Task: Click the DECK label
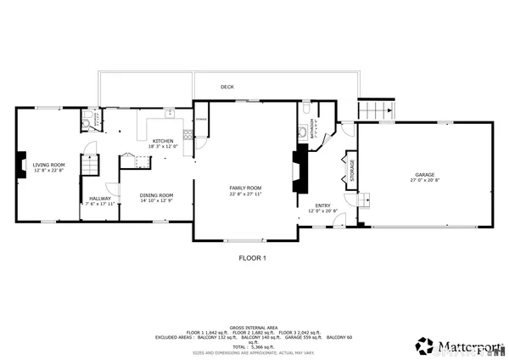tap(227, 87)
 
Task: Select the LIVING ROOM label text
tap(49, 165)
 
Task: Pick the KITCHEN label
tap(163, 141)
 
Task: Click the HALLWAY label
tap(99, 199)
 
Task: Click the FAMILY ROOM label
tap(245, 188)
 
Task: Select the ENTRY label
tap(323, 205)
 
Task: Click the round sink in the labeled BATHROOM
tap(306, 133)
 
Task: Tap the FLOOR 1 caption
tap(252, 257)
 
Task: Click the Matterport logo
tap(458, 346)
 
